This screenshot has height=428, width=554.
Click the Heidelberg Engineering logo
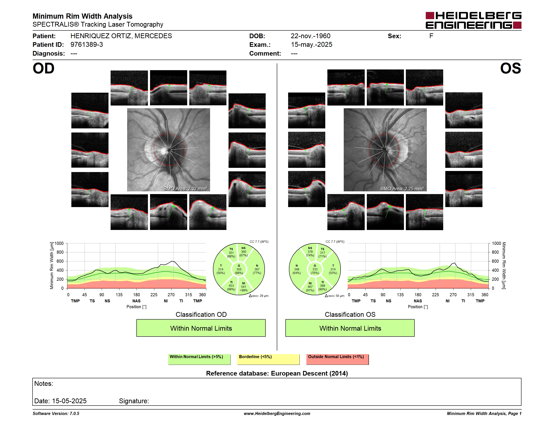(x=473, y=20)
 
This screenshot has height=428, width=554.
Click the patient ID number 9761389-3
(x=87, y=45)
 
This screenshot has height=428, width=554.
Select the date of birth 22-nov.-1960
(x=311, y=36)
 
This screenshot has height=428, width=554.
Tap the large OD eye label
(x=44, y=68)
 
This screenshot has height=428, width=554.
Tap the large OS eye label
(x=510, y=68)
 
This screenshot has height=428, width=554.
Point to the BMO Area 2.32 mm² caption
(x=186, y=189)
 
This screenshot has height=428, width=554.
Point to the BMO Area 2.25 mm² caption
(x=402, y=189)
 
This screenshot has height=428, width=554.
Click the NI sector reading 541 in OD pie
(x=243, y=287)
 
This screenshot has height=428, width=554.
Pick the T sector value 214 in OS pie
(x=333, y=269)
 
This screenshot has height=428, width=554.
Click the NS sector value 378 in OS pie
(x=310, y=252)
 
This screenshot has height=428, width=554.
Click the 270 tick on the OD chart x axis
(x=171, y=295)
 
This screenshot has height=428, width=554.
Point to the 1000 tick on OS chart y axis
(x=497, y=243)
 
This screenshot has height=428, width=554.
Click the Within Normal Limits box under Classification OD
(x=201, y=328)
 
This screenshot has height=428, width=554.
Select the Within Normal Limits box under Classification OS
(x=350, y=328)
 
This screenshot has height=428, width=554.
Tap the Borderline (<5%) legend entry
(x=268, y=359)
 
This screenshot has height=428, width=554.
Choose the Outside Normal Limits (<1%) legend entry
(x=338, y=359)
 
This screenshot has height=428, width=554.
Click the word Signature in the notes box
(x=134, y=401)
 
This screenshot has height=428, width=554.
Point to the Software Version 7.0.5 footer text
(x=56, y=414)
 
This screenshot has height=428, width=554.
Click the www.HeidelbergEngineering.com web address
(x=277, y=414)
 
